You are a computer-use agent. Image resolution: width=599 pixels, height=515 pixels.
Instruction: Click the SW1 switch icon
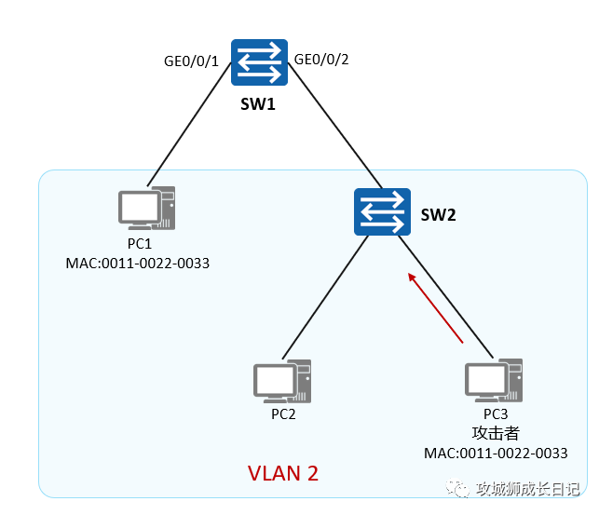coord(259,64)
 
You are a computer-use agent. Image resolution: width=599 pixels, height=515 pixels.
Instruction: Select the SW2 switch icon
coord(382,211)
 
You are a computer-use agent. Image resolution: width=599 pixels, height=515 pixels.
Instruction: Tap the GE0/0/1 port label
coord(191,62)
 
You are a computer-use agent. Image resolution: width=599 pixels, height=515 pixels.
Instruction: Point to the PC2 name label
coord(283,413)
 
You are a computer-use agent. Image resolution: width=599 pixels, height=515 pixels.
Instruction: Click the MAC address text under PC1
coord(138,263)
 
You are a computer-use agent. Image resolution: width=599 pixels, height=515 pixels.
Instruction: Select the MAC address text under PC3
coord(497,454)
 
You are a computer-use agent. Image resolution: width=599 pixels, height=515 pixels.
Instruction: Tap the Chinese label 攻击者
coord(496,433)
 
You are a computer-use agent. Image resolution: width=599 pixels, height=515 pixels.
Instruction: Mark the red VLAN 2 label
coord(283,473)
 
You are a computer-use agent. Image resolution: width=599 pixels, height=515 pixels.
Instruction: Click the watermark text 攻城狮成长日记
coord(527,489)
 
